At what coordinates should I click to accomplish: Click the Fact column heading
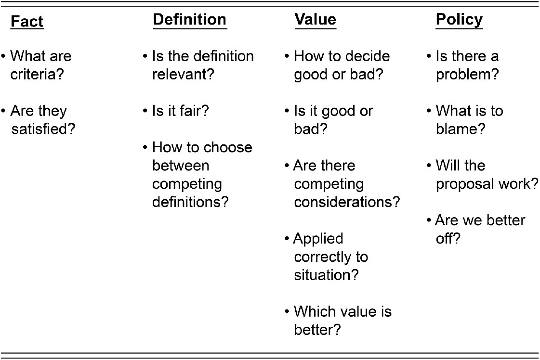tap(27, 21)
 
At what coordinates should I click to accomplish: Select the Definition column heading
tap(190, 19)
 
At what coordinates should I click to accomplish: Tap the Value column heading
tap(315, 19)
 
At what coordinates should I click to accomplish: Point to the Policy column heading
tap(459, 20)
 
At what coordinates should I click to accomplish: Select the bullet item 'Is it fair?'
tap(181, 111)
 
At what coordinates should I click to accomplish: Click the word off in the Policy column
tap(444, 238)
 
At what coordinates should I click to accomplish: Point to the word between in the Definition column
tap(181, 166)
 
